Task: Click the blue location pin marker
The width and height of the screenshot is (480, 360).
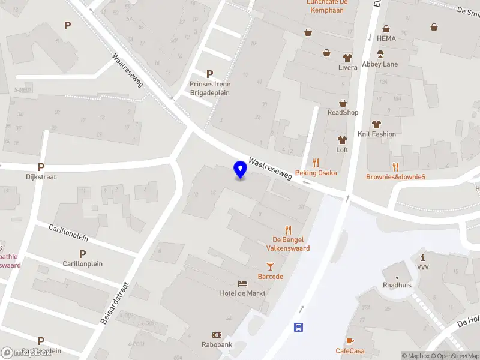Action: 240,170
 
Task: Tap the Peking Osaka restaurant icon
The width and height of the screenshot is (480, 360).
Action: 316,163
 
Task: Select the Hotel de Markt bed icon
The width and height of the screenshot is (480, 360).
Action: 243,283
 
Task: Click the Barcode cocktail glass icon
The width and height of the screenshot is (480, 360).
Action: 270,266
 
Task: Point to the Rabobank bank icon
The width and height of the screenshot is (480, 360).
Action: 217,335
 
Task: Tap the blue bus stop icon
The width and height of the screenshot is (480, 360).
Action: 298,327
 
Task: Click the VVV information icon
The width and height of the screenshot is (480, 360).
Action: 423,257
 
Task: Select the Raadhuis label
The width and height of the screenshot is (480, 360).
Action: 397,285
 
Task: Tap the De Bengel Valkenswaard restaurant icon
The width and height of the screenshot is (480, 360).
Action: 288,229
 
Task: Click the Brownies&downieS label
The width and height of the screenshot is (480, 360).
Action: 395,176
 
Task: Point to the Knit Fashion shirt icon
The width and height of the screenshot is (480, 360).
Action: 376,124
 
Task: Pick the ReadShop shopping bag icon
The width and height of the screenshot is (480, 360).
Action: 343,103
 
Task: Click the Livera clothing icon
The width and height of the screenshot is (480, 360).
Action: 347,58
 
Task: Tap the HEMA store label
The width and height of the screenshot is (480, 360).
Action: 387,38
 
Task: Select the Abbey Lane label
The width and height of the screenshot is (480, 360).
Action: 380,64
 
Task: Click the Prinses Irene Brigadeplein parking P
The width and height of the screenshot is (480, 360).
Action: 209,74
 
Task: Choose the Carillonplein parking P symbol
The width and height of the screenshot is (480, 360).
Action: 82,254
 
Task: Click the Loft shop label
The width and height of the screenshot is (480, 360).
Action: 342,150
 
